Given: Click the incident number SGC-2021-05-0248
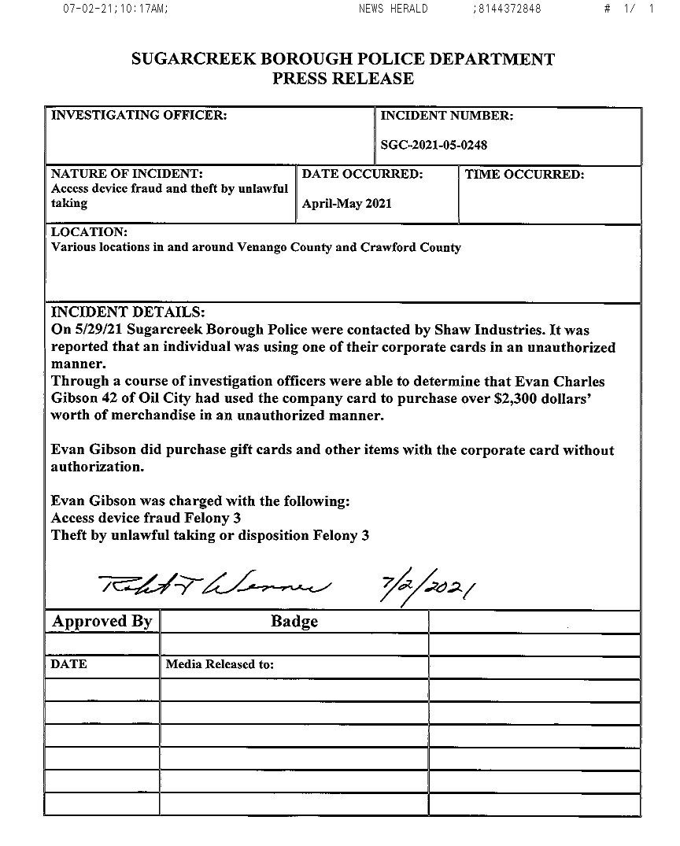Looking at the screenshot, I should click(x=434, y=145).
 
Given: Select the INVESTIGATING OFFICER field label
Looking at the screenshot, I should click(x=139, y=116).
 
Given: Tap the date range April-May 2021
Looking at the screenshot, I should click(x=346, y=204).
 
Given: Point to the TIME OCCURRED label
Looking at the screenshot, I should click(x=524, y=175).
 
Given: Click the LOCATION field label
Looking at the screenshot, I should click(x=89, y=233).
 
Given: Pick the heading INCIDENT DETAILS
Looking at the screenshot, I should click(x=128, y=312).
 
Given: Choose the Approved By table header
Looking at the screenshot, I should click(x=102, y=621).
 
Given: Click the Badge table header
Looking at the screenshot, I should click(x=294, y=621).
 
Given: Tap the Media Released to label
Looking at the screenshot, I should click(x=220, y=664).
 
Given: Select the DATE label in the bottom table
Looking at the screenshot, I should click(x=69, y=664).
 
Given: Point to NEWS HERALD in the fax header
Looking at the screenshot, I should click(x=393, y=9).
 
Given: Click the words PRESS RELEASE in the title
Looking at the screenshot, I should click(x=343, y=79).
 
